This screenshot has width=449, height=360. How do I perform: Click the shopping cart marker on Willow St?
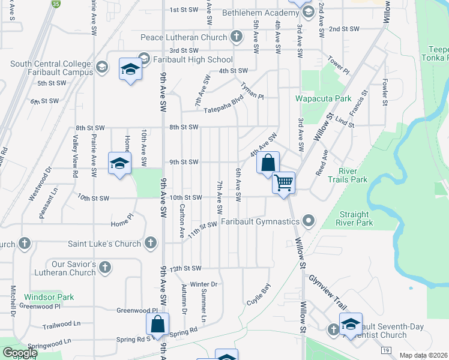click(x=283, y=182)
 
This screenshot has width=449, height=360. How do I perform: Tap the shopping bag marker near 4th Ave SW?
click(x=268, y=162)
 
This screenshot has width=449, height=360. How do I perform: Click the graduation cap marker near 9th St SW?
click(x=119, y=163)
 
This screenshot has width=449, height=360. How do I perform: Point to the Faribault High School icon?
click(x=144, y=59)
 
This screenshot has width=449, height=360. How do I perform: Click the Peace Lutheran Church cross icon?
click(x=237, y=37)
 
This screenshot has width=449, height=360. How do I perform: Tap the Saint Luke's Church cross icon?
click(x=150, y=243)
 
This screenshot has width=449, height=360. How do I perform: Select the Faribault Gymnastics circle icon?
click(x=309, y=222)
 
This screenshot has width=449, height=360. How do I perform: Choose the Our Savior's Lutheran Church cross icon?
click(x=105, y=268)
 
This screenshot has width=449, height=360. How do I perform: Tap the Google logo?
click(x=20, y=353)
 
